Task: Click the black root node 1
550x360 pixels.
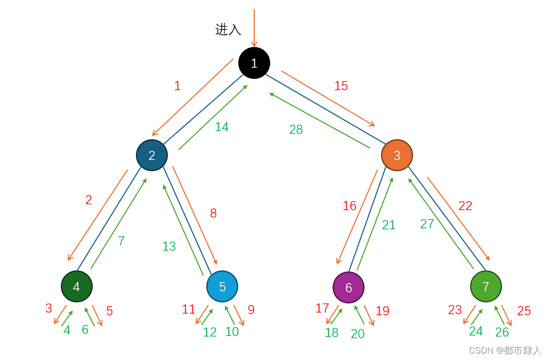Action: point(254,63)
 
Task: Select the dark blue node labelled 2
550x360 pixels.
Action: point(152,155)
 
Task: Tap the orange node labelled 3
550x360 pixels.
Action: point(397,155)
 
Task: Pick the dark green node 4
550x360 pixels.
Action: point(77,286)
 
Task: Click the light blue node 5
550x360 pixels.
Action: point(222,286)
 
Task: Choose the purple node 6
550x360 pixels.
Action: point(349,287)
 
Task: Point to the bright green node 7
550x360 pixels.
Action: point(486,286)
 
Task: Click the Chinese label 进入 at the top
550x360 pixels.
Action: point(228,29)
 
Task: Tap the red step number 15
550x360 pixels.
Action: point(341,86)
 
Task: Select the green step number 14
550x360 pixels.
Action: point(222,127)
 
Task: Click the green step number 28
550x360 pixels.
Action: point(296,130)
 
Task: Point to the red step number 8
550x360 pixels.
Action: point(213,213)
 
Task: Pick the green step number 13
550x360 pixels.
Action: point(169,246)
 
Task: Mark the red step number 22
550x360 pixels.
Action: point(465,206)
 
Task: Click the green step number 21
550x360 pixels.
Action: point(389,225)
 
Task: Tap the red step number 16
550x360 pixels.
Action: point(350,206)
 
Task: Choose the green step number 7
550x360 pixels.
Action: point(121,241)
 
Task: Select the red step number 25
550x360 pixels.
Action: point(524,311)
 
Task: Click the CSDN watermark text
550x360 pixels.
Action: point(505,350)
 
